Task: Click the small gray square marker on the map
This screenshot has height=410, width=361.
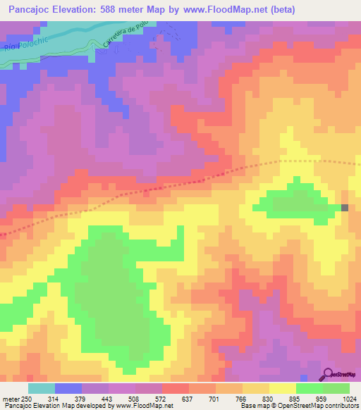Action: point(345,207)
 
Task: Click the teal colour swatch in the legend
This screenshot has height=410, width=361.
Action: point(42,388)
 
